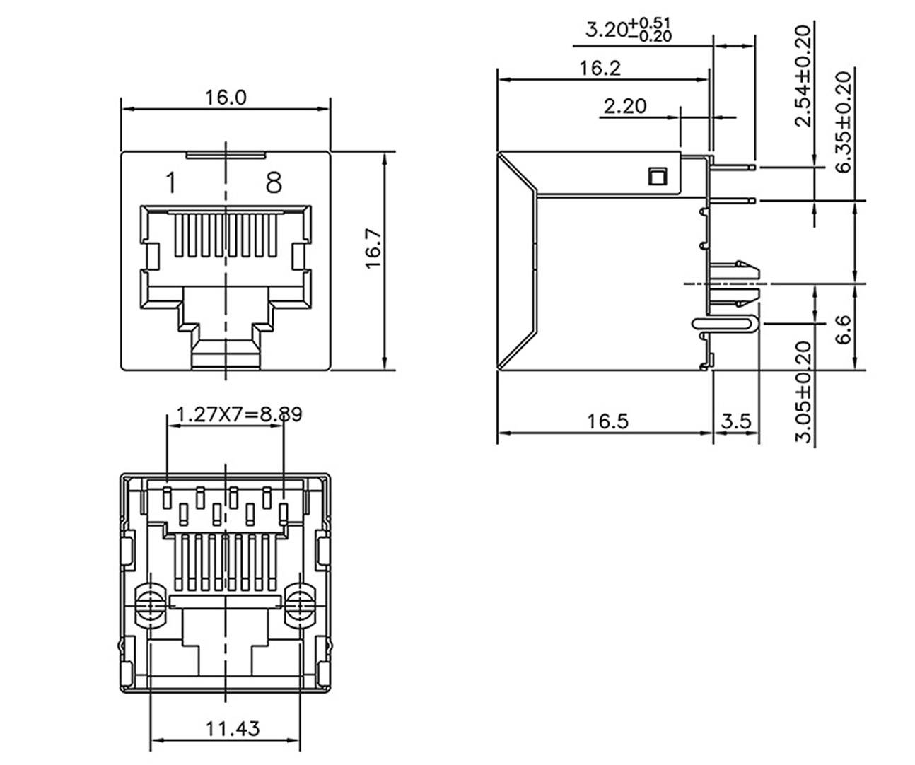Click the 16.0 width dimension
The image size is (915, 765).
pyautogui.click(x=226, y=97)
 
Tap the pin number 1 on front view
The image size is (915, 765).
pyautogui.click(x=170, y=182)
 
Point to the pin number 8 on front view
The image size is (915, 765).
pyautogui.click(x=274, y=182)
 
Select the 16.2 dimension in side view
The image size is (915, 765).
pyautogui.click(x=600, y=68)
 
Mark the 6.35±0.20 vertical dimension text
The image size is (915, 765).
pyautogui.click(x=843, y=122)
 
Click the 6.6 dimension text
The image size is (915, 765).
pyautogui.click(x=843, y=329)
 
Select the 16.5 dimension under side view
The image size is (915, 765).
pyautogui.click(x=607, y=421)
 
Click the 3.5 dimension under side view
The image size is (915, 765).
pyautogui.click(x=735, y=421)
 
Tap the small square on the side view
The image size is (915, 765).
pyautogui.click(x=657, y=176)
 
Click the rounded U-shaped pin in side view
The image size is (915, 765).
pyautogui.click(x=726, y=325)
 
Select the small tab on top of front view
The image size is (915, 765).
pyautogui.click(x=225, y=153)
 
